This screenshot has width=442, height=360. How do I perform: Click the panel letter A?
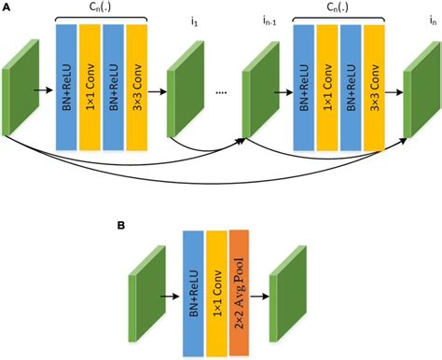point(7,7)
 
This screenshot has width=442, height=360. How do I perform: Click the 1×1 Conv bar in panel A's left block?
point(90,87)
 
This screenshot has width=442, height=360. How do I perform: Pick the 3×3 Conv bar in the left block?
point(136,87)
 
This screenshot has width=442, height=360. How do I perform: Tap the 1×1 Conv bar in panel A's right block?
point(327,87)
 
